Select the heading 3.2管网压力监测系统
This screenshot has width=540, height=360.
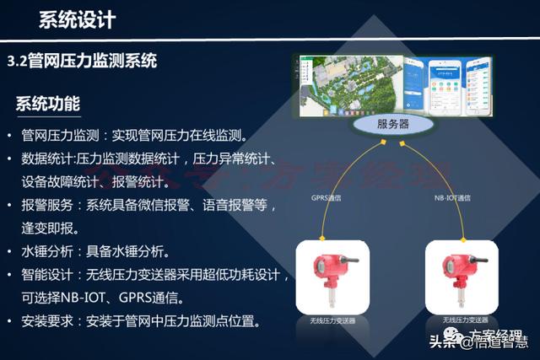(x=82, y=62)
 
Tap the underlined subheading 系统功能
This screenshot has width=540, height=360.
(x=48, y=105)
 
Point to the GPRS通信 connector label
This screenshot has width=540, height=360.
(x=327, y=198)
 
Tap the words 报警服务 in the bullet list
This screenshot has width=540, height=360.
(x=47, y=205)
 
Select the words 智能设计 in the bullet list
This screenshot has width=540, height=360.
(x=47, y=275)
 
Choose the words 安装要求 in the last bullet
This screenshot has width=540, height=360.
(x=47, y=321)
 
